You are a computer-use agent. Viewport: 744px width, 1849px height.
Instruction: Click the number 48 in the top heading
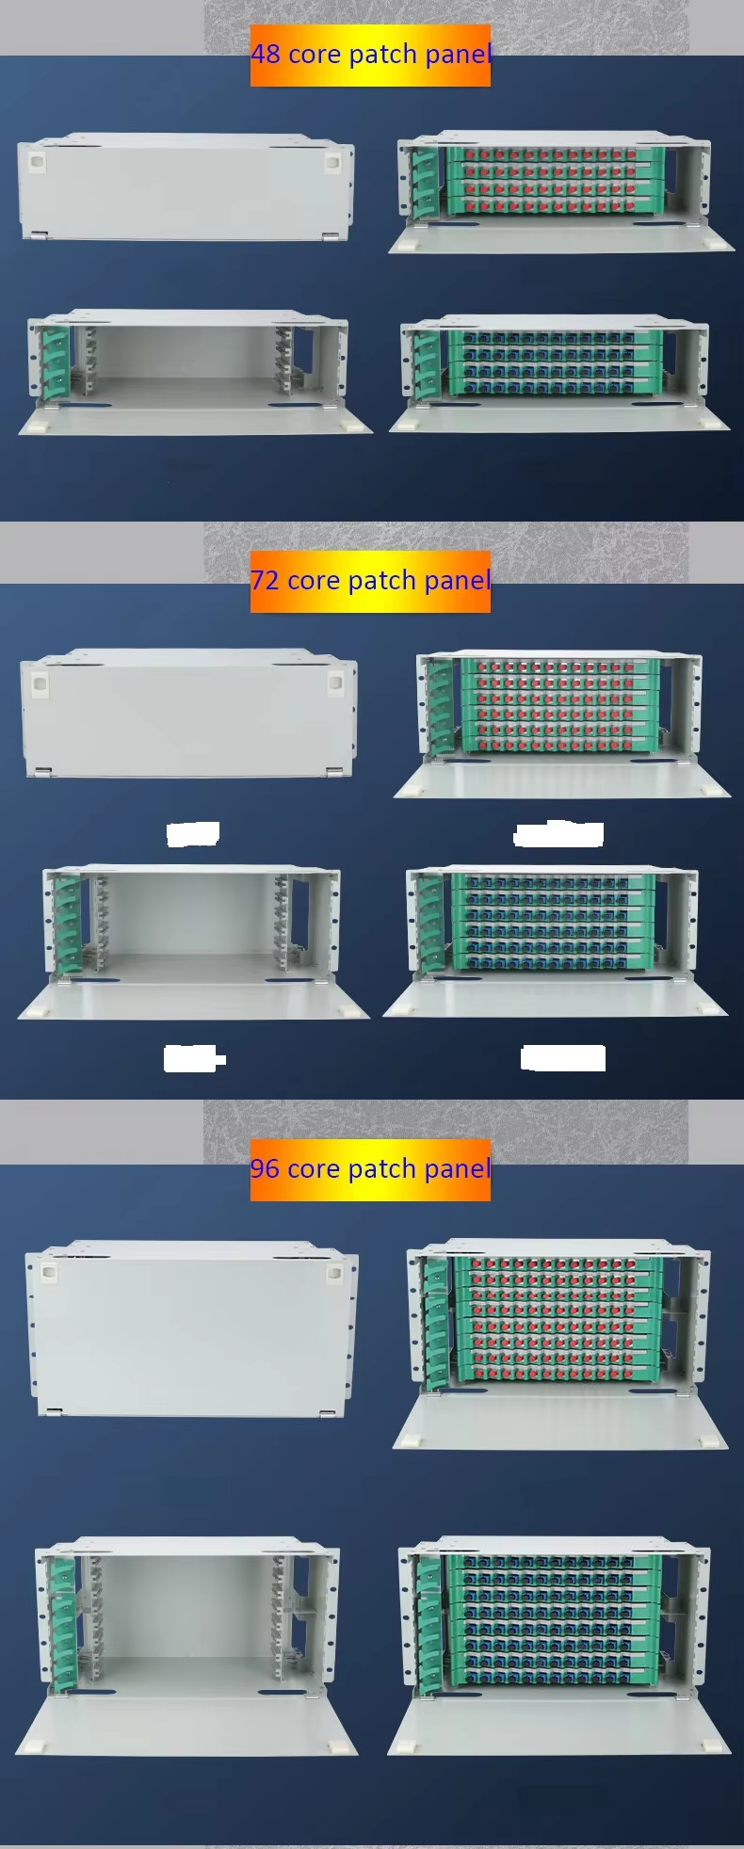click(x=266, y=55)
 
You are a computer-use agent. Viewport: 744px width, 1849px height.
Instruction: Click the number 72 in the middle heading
click(x=266, y=580)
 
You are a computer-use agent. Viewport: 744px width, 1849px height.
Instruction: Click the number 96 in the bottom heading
click(x=266, y=1168)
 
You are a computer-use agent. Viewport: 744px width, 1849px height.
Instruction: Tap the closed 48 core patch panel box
click(x=186, y=186)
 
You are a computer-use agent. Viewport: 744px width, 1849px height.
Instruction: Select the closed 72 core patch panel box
click(x=189, y=713)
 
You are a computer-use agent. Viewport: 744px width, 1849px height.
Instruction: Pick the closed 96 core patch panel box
click(x=192, y=1328)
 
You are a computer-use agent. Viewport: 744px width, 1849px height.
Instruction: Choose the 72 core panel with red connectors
click(x=562, y=724)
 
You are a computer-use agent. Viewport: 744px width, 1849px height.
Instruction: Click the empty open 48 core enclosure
click(x=195, y=372)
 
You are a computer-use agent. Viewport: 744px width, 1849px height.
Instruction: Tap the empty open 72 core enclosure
click(x=193, y=942)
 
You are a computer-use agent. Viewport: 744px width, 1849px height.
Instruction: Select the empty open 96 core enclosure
click(x=186, y=1648)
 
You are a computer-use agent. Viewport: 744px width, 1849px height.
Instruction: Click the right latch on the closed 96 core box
click(x=333, y=1274)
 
